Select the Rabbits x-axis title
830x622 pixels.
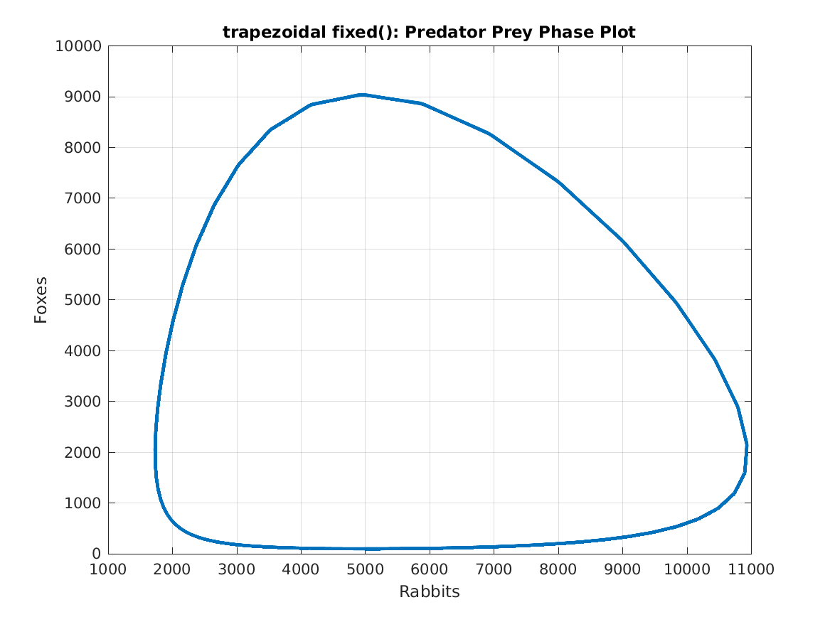pyautogui.click(x=429, y=591)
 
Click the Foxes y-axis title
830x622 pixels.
pyautogui.click(x=41, y=300)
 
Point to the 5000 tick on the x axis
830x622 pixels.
pyautogui.click(x=365, y=569)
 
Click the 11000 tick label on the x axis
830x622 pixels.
pyautogui.click(x=751, y=569)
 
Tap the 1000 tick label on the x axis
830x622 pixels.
pyautogui.click(x=108, y=569)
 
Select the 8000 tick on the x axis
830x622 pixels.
pyautogui.click(x=558, y=569)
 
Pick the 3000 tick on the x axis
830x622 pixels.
pyautogui.click(x=237, y=569)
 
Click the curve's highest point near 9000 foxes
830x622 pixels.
pyautogui.click(x=362, y=95)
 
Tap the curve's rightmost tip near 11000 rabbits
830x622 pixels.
pyautogui.click(x=747, y=445)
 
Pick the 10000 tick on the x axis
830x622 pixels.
pyautogui.click(x=686, y=569)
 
